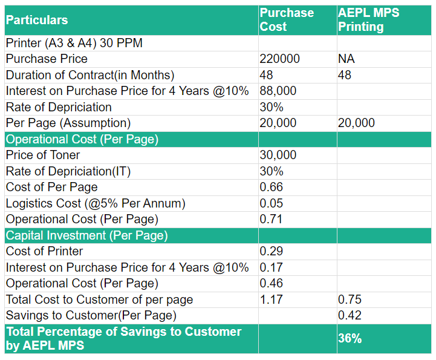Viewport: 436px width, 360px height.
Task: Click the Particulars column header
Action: (37, 20)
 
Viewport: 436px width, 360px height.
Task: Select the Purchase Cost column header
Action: (287, 20)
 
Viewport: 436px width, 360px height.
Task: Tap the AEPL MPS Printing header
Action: (368, 20)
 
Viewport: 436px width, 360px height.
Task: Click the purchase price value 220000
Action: (279, 59)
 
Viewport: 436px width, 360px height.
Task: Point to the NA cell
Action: (347, 59)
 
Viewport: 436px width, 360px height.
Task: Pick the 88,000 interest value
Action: (278, 91)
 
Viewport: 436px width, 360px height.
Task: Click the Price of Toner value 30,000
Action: (278, 155)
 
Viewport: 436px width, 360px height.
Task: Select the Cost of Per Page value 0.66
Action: (271, 187)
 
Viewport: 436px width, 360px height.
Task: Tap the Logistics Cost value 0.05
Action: (271, 203)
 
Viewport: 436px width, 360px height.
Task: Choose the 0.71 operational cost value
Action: (271, 219)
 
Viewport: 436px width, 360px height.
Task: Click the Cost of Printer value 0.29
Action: (271, 251)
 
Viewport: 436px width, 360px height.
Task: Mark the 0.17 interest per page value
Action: (271, 267)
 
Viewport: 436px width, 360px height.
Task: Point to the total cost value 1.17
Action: (271, 299)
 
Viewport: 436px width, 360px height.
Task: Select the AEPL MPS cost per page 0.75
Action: (350, 299)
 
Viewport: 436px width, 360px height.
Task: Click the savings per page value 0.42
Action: (350, 315)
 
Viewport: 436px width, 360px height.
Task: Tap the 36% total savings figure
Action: (350, 339)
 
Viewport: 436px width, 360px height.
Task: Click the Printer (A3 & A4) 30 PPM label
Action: (74, 43)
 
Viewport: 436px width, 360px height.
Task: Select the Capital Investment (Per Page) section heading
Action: (86, 235)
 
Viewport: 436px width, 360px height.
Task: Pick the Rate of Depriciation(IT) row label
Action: (68, 171)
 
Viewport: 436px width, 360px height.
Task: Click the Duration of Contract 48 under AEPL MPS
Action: (344, 75)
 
